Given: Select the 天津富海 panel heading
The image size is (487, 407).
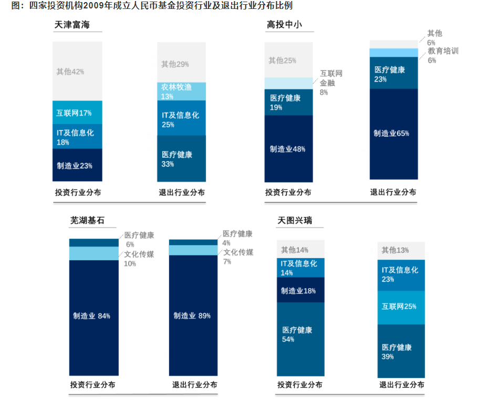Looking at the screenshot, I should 76,25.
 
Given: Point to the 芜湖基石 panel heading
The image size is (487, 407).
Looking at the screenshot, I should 87,220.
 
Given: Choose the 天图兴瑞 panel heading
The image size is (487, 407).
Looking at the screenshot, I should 295,220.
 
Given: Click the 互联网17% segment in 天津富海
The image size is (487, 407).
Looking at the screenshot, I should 77,113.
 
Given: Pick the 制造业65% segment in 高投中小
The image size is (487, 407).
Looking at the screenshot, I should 393,134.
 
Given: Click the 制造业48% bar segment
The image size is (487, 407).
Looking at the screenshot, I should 288,149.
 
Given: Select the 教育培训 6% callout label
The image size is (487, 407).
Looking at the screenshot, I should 442,55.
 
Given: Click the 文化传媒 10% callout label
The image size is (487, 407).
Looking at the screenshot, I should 139,259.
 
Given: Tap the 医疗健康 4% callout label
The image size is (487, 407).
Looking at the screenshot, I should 237,238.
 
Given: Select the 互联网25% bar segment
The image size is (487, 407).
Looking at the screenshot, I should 401,307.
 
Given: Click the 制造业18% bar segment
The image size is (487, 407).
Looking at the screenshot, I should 301,290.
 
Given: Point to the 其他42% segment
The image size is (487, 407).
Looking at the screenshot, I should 77,72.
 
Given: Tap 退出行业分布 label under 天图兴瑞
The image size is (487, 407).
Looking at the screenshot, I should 401,385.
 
